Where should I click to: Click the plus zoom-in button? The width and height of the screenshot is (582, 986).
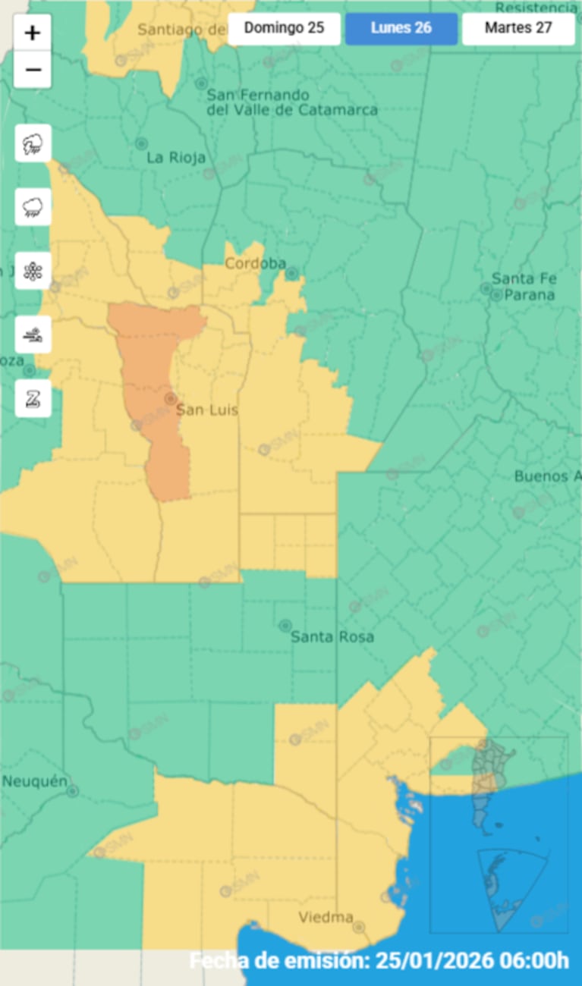(33, 33)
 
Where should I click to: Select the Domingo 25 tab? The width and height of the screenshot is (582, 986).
(284, 28)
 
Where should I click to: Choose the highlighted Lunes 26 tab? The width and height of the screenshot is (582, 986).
(401, 28)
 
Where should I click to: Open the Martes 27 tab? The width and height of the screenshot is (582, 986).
(518, 28)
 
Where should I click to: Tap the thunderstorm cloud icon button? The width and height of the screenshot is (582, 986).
(33, 143)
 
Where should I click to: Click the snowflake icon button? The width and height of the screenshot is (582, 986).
(33, 271)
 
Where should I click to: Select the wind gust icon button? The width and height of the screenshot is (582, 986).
(33, 334)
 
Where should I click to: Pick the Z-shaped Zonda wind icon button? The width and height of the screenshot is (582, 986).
(33, 398)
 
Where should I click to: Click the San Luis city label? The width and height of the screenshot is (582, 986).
(206, 410)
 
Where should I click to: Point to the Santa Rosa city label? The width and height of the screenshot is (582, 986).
(332, 637)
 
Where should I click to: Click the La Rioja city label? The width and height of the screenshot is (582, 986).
(176, 158)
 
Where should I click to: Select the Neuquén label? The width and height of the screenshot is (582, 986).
(34, 781)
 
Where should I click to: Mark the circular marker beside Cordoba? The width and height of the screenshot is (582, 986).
(291, 272)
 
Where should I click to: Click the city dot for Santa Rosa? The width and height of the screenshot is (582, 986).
(285, 626)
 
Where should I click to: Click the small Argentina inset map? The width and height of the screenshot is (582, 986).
(499, 834)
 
